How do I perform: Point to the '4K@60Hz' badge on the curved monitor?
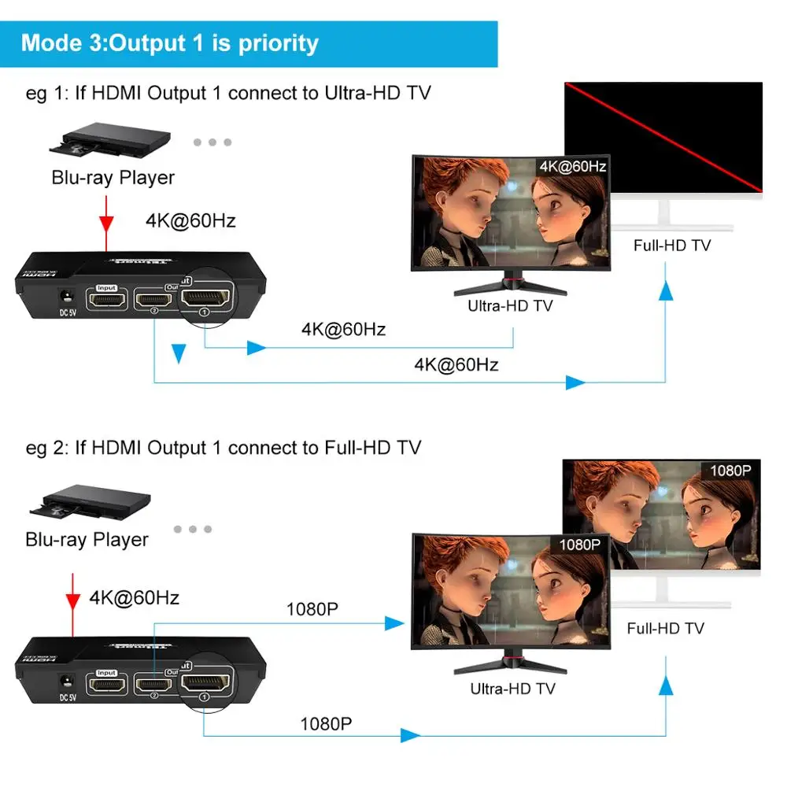[x=572, y=167]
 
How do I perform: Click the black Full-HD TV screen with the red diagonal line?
[x=663, y=137]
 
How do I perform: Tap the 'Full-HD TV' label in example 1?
[x=671, y=246]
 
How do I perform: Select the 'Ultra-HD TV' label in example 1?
[x=510, y=305]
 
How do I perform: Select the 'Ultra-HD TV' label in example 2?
[x=512, y=689]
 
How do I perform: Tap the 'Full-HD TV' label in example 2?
[x=665, y=628]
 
